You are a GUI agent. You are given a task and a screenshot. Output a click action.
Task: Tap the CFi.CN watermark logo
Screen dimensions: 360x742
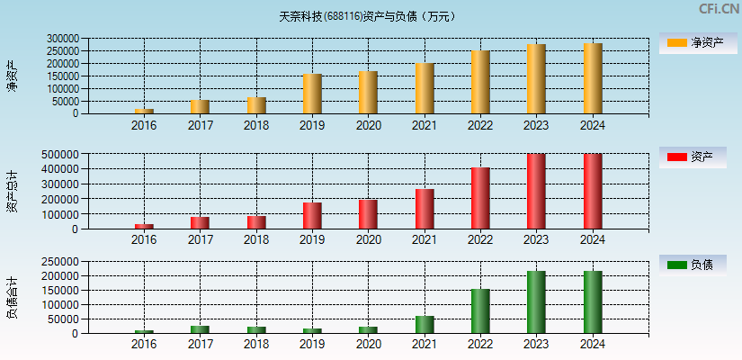[719, 9]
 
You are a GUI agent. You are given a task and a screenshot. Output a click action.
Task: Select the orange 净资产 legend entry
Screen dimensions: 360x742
[697, 42]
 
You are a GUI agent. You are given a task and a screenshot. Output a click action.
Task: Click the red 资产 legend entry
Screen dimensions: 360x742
[697, 157]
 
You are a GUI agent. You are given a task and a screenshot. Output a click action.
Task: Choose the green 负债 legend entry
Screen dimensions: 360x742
[697, 265]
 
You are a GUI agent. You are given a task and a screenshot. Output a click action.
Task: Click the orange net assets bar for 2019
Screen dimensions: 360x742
[312, 94]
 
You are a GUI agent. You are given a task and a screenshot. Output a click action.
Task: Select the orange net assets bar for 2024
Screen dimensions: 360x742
[593, 78]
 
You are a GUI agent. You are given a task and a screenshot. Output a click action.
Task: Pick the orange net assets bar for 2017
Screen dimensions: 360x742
[200, 107]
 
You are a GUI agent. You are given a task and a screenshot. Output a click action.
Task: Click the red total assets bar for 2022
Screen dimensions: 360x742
[480, 198]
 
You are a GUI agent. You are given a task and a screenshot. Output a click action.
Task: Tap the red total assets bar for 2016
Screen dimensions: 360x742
[144, 226]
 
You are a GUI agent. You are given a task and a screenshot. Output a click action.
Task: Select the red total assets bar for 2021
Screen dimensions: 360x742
[425, 209]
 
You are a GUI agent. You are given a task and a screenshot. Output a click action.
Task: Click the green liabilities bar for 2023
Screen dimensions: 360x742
[536, 302]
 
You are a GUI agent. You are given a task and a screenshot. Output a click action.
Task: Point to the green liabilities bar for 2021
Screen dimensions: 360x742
[425, 325]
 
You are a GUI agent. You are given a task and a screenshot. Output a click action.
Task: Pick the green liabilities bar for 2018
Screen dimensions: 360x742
[256, 329]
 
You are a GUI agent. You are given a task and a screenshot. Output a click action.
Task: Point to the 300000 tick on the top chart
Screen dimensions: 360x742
[63, 39]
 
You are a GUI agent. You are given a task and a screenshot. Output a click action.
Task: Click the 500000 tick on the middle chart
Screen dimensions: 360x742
[63, 154]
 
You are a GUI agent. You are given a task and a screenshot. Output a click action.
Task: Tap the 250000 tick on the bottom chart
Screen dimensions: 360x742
[63, 261]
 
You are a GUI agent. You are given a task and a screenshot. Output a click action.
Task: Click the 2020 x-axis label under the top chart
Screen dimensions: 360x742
[368, 125]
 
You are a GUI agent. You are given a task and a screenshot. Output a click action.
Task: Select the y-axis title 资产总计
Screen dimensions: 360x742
[12, 191]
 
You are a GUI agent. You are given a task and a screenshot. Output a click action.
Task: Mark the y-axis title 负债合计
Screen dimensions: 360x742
[12, 298]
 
